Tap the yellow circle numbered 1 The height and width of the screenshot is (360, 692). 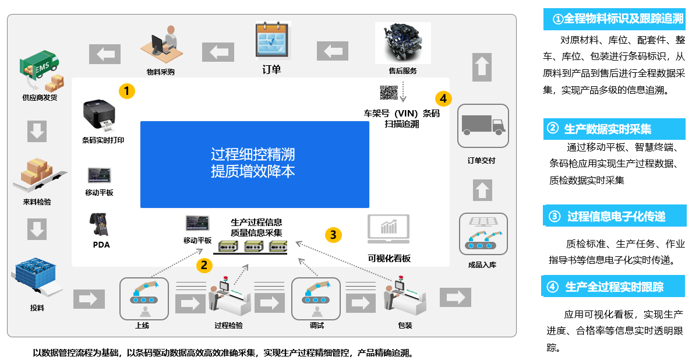click(127, 91)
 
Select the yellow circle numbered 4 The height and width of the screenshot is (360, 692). click(443, 98)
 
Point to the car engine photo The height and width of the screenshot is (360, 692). click(403, 43)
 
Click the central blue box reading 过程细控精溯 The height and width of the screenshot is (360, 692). click(255, 164)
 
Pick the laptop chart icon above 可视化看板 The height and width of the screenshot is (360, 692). click(389, 231)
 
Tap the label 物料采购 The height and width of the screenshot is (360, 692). click(160, 72)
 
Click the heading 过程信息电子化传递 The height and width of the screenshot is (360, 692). click(616, 217)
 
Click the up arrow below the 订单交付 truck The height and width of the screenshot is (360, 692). click(482, 190)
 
